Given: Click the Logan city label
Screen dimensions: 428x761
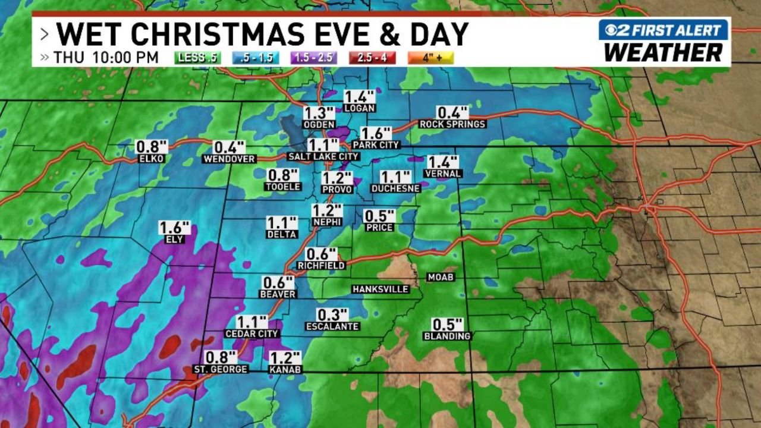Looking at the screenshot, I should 360,108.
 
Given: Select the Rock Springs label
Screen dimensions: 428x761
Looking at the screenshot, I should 452,124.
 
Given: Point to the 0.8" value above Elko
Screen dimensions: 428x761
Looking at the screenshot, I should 152,147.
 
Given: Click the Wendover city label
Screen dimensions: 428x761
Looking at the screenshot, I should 229,159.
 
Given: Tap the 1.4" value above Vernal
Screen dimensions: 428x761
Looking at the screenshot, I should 443,162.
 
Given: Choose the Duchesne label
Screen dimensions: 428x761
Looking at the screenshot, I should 395,188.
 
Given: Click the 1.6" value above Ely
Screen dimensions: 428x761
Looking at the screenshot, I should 175,228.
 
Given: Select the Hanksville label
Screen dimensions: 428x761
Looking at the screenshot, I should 380,289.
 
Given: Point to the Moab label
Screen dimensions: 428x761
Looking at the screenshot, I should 441,277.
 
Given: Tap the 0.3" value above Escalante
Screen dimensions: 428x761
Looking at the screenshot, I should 332,314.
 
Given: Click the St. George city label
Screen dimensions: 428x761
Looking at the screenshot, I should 221,369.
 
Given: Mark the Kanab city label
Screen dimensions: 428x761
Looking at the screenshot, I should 285,369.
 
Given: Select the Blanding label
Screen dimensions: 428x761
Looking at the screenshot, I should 447,336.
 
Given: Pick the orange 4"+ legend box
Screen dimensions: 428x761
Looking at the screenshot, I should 430,58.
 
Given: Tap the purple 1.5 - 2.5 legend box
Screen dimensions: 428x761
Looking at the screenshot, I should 313,58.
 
